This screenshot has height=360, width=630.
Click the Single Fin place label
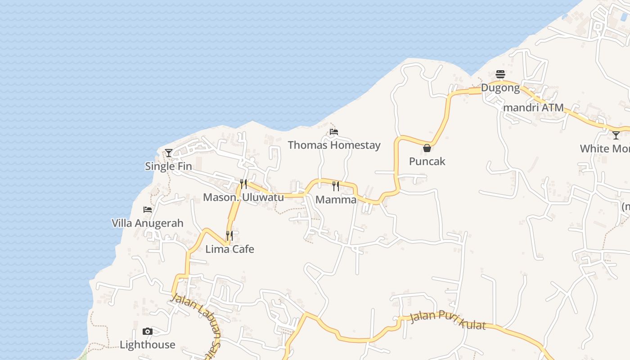click(168, 166)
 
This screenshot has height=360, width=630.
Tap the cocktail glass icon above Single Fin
click(169, 153)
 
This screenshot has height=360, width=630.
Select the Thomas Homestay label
click(334, 145)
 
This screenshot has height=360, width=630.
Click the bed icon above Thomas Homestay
click(334, 132)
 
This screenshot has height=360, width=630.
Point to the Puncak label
click(427, 161)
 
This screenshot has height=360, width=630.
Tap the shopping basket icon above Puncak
click(427, 148)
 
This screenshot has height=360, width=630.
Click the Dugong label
click(500, 88)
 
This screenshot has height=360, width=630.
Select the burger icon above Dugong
click(500, 74)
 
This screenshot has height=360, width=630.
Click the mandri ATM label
click(533, 108)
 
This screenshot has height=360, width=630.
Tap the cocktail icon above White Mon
click(616, 135)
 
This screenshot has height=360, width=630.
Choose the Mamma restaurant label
click(336, 199)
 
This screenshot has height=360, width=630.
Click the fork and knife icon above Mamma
click(336, 186)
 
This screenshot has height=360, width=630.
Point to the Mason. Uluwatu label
click(243, 197)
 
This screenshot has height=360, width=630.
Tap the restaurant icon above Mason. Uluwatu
click(243, 184)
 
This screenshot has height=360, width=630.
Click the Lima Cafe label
click(229, 249)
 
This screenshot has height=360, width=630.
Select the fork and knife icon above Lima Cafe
click(229, 236)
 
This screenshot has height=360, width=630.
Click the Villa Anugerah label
click(148, 223)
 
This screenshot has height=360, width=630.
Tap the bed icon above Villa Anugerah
click(148, 210)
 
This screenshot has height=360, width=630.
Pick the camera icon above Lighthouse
click(148, 332)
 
